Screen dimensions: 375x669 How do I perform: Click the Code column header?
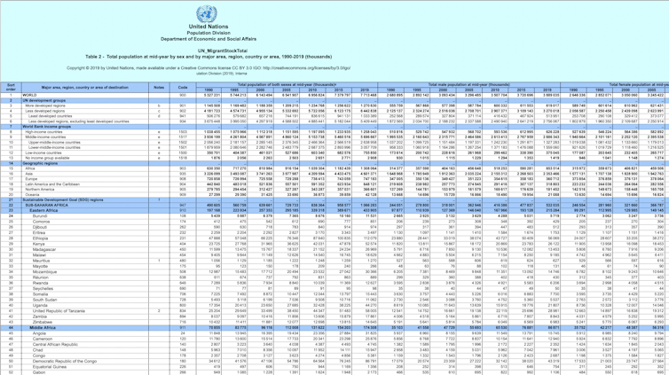point(181,87)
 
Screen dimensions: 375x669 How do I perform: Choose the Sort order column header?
point(11,87)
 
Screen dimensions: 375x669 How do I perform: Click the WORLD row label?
point(32,95)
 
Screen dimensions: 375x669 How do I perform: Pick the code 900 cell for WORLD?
point(181,95)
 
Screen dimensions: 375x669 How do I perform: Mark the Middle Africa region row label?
point(42,328)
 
